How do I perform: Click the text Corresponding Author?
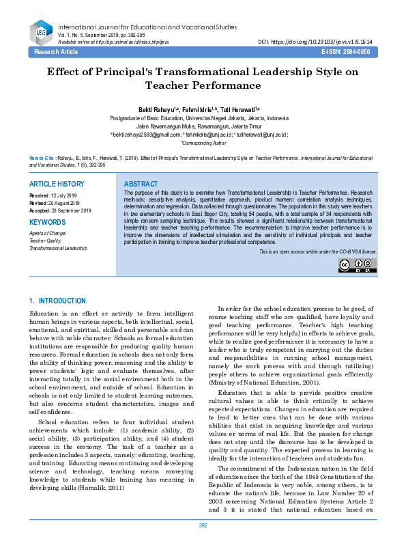click(203, 143)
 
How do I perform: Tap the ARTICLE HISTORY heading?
click(57, 184)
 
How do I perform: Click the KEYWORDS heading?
click(48, 223)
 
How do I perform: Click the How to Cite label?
click(42, 156)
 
